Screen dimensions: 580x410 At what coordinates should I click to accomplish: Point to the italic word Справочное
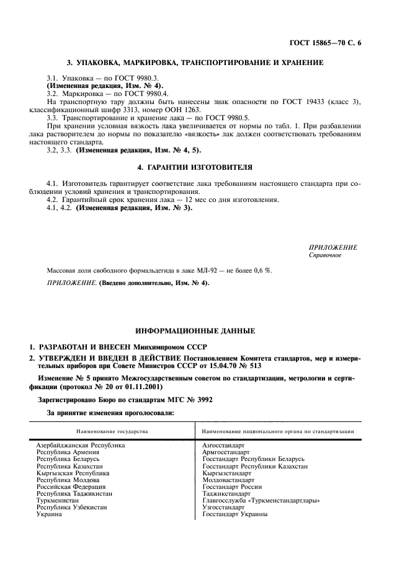click(325, 255)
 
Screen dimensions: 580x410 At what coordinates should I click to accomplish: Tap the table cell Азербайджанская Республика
click(81, 445)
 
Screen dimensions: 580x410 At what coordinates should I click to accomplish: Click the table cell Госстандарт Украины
click(234, 514)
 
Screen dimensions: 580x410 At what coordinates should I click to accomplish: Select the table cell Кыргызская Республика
click(73, 472)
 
